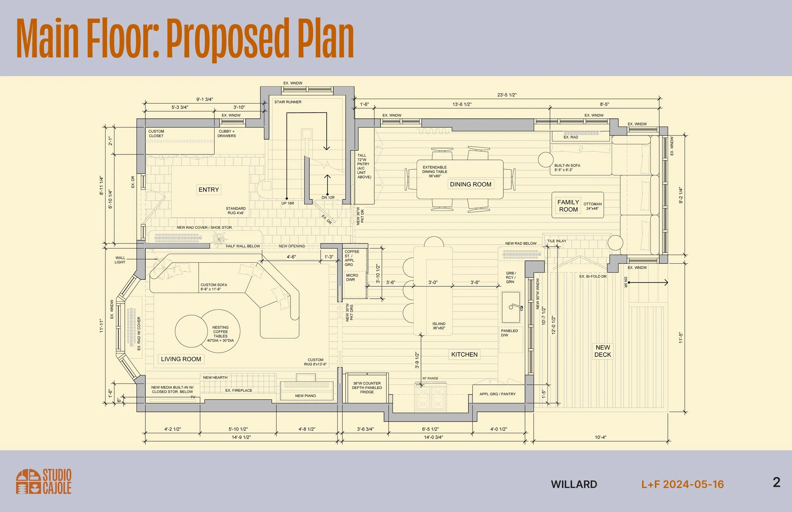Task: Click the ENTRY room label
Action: coord(209,190)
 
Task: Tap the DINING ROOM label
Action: coord(470,184)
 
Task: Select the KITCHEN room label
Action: coord(464,355)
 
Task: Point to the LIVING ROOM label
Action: coord(181,359)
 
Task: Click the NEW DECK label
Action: coord(603,351)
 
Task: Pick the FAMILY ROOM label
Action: coord(568,206)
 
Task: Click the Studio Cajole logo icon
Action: coord(28,481)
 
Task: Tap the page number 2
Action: coord(776,482)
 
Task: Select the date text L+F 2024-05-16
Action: coord(682,484)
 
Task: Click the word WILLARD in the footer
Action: coord(574,484)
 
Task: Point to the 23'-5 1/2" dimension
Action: coord(507,95)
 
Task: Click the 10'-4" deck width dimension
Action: coord(600,438)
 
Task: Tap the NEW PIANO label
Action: coord(305,396)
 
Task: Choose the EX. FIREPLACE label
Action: coord(239,390)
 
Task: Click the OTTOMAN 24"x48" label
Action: coord(593,206)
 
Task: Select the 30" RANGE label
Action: coord(430,378)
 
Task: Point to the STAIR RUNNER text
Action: coord(288,102)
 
